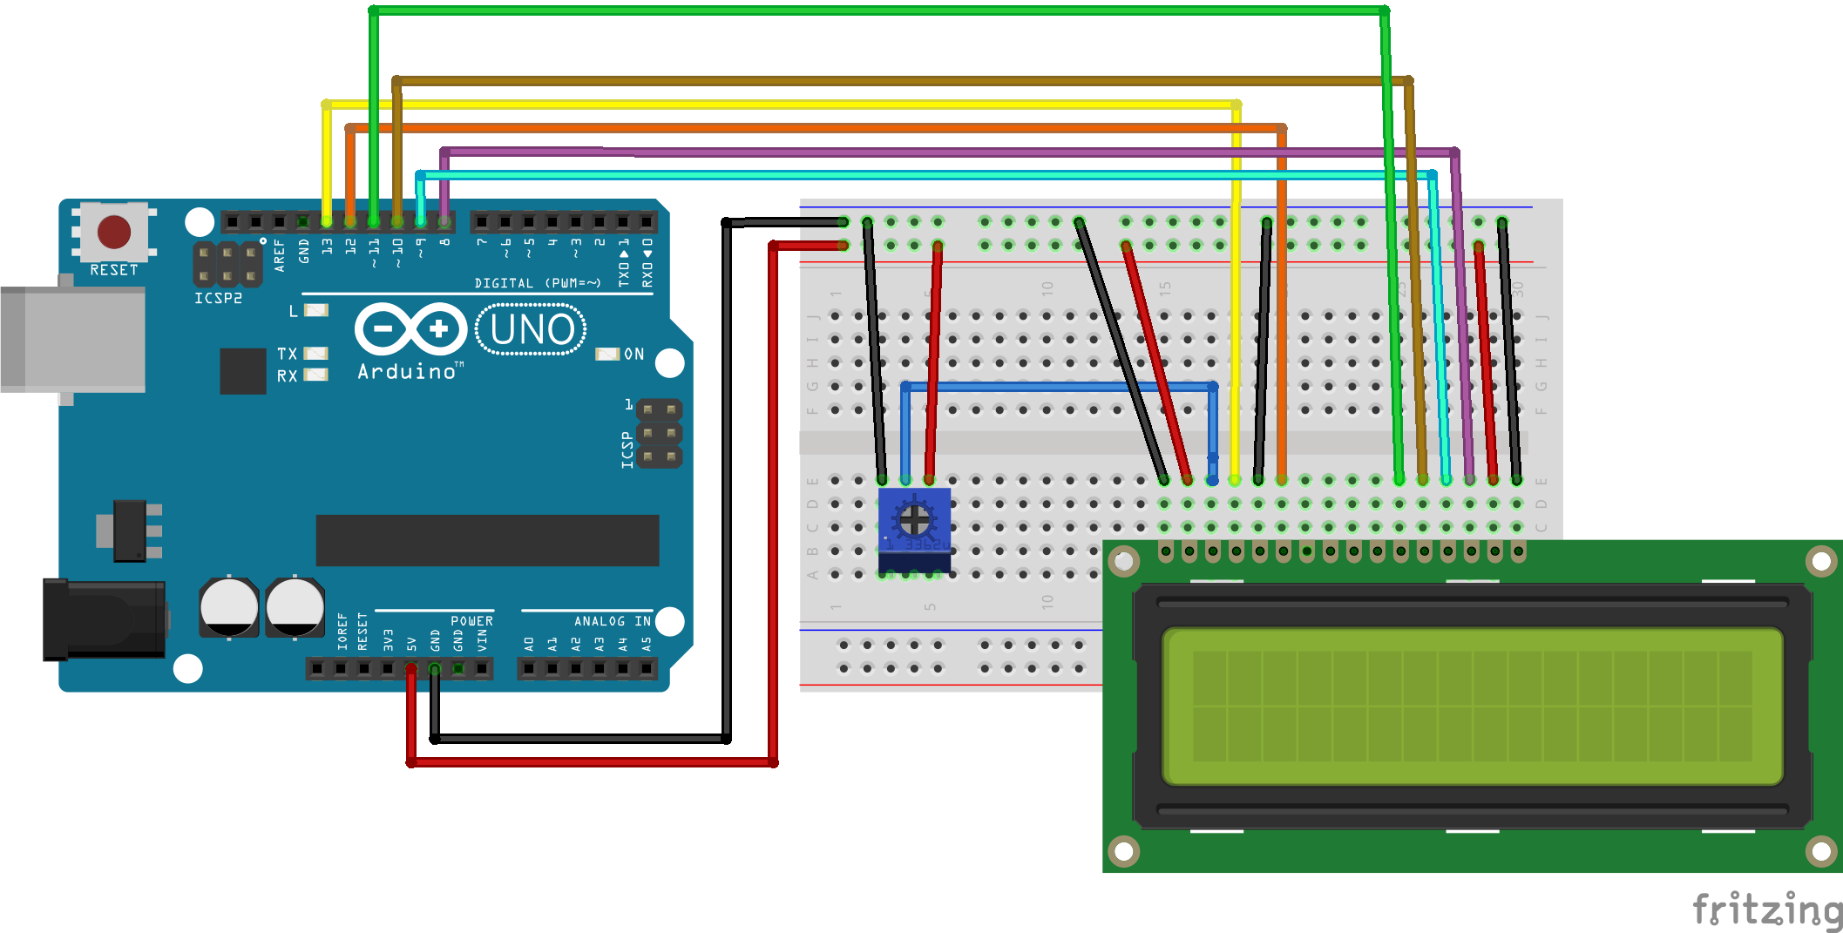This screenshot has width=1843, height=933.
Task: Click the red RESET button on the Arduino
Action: (114, 232)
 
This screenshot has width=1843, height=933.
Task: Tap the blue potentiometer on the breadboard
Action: (914, 523)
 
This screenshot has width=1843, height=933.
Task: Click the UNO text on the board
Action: (532, 329)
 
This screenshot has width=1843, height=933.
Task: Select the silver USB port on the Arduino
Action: (74, 340)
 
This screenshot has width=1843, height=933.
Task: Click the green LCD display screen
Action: (1472, 706)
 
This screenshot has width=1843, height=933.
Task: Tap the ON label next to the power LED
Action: (634, 354)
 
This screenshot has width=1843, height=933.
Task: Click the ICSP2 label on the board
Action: (218, 298)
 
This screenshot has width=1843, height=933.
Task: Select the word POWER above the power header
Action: (471, 621)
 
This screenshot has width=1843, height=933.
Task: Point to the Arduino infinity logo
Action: (410, 329)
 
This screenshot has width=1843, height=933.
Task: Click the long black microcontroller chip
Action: (487, 540)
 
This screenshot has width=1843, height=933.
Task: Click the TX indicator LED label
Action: (287, 354)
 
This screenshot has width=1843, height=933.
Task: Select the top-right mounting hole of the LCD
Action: (1820, 562)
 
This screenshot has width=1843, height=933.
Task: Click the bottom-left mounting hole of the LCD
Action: (1123, 849)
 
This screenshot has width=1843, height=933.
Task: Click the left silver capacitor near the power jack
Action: (229, 607)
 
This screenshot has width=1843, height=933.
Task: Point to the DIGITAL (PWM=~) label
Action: (538, 283)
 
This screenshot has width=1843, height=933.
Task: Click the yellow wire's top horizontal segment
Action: (784, 105)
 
